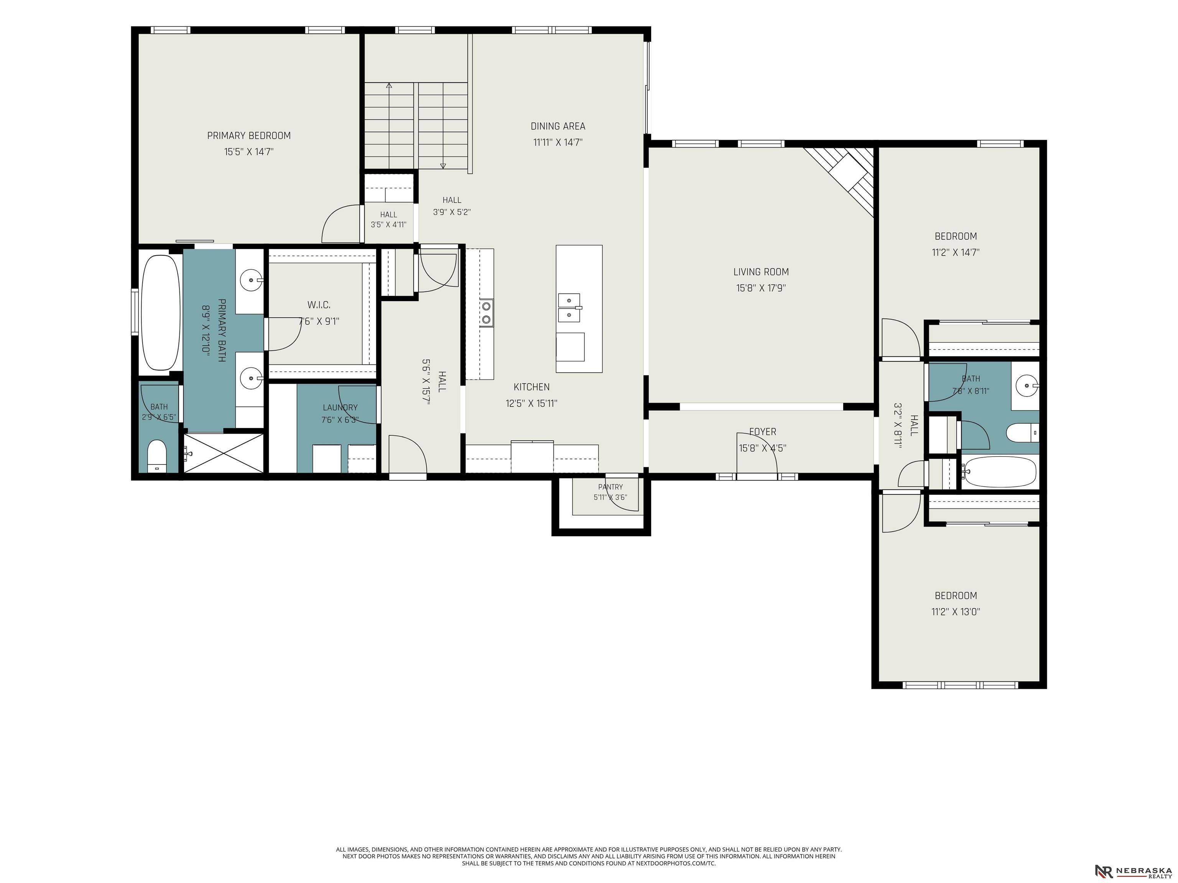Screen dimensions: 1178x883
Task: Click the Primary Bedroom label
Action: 249,136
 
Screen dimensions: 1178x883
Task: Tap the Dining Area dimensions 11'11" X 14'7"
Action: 558,142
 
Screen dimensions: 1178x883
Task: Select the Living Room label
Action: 761,272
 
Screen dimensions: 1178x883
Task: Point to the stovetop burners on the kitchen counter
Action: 486,313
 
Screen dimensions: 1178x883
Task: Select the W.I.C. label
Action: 319,305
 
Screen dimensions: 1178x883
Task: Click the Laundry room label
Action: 340,408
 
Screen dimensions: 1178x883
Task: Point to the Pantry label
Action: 610,487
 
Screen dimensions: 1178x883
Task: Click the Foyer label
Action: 763,432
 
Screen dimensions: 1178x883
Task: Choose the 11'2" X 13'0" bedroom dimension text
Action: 956,612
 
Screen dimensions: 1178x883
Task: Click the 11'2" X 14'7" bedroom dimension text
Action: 956,252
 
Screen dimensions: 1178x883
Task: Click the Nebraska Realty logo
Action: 1132,857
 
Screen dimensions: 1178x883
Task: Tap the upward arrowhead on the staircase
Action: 389,85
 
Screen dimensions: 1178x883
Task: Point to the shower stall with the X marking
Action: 224,453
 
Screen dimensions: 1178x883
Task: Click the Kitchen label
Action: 531,387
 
